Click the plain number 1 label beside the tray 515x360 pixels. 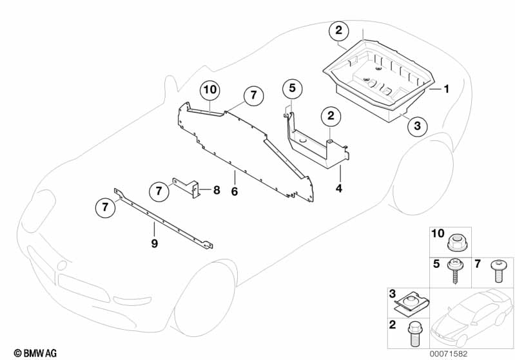tap(445, 89)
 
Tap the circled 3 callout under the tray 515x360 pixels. tap(417, 126)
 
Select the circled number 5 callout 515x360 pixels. tap(291, 88)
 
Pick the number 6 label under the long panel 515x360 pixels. tap(235, 191)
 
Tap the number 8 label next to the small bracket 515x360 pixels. tap(217, 190)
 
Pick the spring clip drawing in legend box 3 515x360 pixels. tap(413, 302)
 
